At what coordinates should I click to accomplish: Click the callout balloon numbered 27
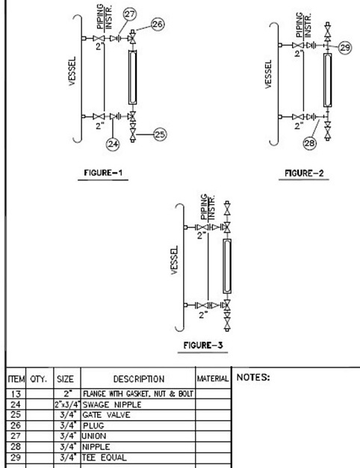129,14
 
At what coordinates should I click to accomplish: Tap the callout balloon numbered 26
158,24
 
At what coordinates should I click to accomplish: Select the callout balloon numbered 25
160,135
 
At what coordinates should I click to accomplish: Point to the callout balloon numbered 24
113,144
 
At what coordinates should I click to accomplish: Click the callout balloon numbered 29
345,48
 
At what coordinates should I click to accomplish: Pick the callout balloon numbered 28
310,144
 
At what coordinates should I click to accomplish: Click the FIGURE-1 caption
103,173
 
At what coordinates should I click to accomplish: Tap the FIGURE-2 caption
304,173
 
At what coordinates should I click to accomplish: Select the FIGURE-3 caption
203,345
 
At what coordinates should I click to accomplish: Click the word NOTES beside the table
253,378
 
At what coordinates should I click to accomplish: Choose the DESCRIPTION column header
139,379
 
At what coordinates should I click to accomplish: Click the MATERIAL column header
213,379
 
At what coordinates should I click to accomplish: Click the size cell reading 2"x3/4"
67,404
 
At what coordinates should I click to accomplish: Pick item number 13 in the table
16,394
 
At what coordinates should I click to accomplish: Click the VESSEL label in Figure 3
175,260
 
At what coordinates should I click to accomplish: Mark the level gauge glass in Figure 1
132,77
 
